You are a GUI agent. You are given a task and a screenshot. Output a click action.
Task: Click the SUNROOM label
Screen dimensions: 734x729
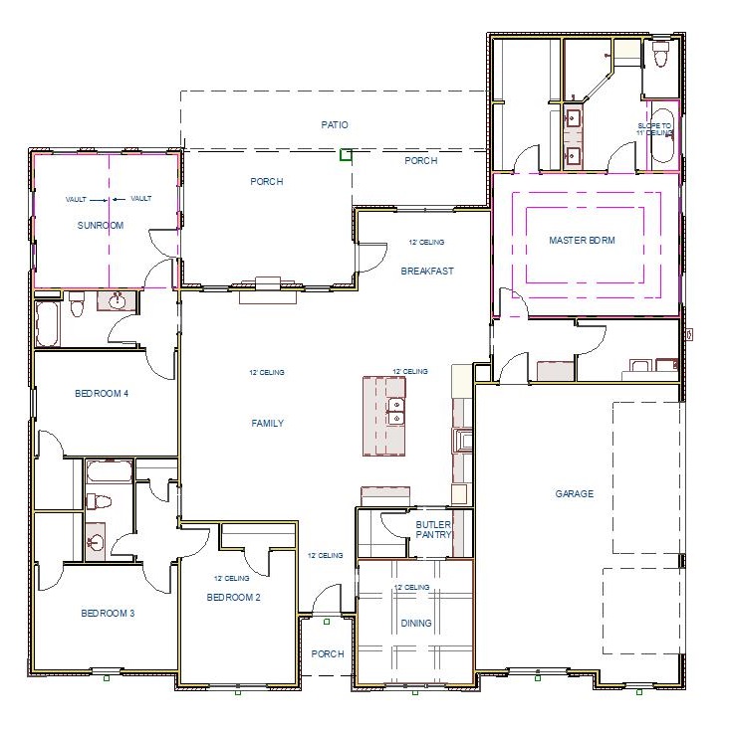101,226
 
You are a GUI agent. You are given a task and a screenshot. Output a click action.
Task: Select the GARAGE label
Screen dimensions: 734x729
575,493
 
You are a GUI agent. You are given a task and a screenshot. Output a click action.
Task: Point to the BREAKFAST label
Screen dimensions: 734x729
427,272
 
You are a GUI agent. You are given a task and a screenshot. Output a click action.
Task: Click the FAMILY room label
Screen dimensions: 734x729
267,424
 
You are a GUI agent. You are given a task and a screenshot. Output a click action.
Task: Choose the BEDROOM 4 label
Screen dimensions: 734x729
102,394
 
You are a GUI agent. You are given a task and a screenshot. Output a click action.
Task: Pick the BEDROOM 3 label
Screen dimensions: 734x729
108,614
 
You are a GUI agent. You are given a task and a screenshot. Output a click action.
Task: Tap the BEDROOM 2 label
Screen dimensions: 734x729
233,597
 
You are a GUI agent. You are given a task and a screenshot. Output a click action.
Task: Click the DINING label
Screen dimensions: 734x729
416,624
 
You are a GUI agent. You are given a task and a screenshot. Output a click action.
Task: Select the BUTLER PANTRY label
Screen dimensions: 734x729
434,529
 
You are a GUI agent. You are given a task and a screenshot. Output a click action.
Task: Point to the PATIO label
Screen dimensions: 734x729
335,125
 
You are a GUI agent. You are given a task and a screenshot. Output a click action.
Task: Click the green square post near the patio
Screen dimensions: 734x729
346,154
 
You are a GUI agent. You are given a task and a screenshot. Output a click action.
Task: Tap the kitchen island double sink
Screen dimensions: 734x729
395,412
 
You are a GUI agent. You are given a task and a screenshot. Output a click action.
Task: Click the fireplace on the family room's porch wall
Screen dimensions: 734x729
268,286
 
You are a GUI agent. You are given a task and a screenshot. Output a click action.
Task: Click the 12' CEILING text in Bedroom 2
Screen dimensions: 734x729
231,578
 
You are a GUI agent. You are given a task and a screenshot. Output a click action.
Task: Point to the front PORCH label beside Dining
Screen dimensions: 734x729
328,653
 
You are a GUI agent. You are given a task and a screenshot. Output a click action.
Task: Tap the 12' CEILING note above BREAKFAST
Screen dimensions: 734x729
426,242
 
